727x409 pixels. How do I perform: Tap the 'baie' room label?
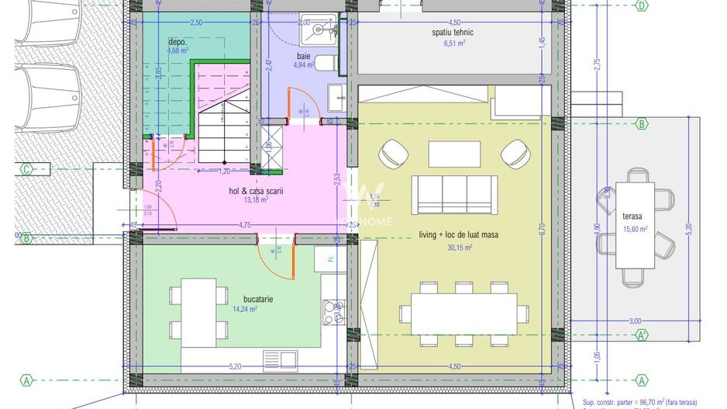click(x=304, y=56)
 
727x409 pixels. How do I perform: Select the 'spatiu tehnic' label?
click(x=453, y=33)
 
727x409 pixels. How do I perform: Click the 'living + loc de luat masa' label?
click(x=458, y=235)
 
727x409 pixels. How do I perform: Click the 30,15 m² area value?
click(x=460, y=248)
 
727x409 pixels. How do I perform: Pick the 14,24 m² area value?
click(x=244, y=309)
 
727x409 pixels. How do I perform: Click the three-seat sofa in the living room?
click(x=454, y=193)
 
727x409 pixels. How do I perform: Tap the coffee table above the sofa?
click(x=454, y=153)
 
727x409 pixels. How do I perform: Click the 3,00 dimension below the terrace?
click(x=635, y=321)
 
